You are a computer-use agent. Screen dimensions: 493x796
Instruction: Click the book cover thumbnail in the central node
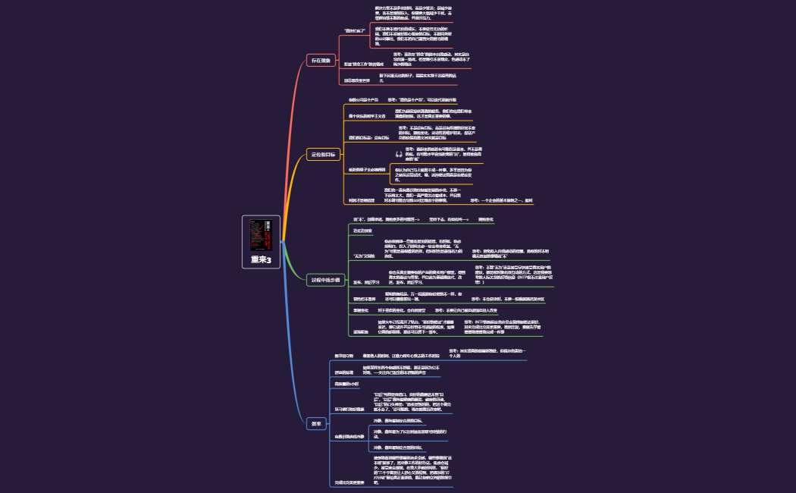(x=260, y=235)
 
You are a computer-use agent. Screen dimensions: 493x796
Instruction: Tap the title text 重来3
(x=260, y=259)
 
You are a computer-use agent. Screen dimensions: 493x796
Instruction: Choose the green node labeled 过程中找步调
(x=324, y=279)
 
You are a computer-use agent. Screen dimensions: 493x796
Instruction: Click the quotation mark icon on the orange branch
(x=399, y=155)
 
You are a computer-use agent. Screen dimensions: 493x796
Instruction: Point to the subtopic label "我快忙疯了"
(x=356, y=30)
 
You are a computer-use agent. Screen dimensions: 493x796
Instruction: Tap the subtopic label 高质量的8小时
(x=347, y=385)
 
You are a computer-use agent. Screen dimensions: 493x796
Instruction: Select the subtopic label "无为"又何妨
(x=364, y=256)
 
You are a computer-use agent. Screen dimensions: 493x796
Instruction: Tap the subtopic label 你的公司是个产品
(x=363, y=99)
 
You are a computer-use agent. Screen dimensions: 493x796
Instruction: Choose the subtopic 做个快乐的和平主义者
(x=367, y=115)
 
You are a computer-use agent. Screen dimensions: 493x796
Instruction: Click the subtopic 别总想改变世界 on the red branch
(x=357, y=79)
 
